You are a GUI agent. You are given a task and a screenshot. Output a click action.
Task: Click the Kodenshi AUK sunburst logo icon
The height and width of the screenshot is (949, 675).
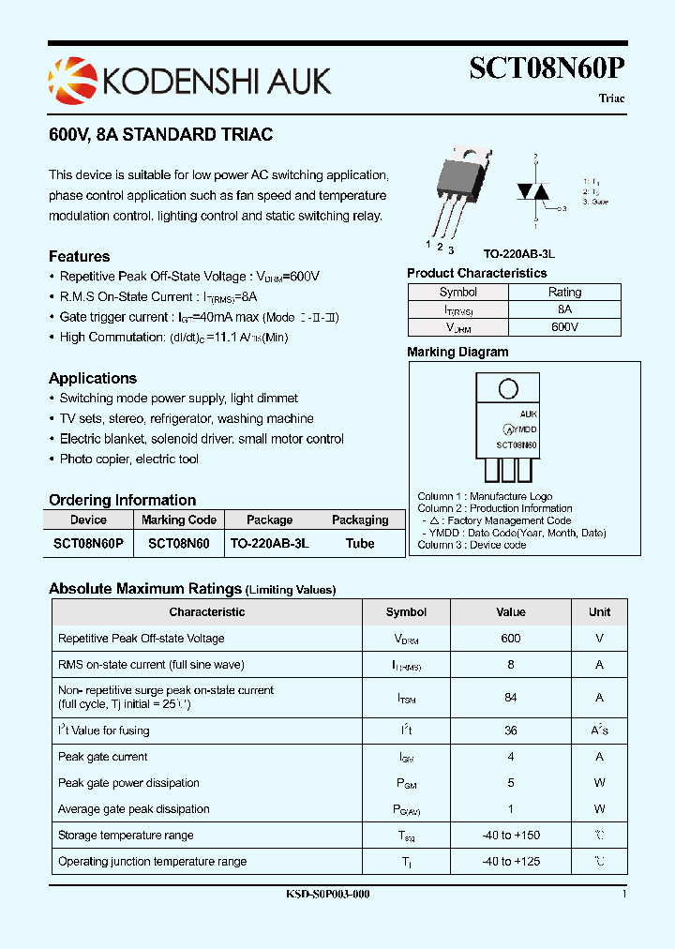[x=71, y=79]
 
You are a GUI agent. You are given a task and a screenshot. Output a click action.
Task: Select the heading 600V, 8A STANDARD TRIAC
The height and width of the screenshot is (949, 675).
[x=160, y=135]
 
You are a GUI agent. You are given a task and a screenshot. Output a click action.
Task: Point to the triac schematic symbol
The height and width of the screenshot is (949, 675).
[x=536, y=190]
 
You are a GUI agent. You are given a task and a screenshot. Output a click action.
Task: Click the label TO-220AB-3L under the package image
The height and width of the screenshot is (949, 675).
[x=518, y=254]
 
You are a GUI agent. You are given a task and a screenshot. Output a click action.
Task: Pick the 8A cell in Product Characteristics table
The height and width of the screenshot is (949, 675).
[x=564, y=309]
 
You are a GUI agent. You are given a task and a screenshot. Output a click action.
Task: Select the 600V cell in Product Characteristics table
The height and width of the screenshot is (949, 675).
[x=564, y=327]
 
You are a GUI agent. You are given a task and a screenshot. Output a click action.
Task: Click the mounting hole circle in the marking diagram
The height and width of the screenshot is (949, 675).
[x=508, y=389]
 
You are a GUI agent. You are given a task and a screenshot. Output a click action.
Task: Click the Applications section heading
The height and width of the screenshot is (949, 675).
[x=93, y=379]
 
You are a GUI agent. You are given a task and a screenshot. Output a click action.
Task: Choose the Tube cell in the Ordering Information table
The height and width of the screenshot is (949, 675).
[x=360, y=544]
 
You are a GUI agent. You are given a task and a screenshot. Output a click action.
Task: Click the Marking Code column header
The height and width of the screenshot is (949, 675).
[x=178, y=520]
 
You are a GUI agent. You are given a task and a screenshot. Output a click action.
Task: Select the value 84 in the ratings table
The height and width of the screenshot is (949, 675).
[x=511, y=698]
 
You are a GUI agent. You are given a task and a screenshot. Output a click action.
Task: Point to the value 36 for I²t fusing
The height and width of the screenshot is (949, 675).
[x=511, y=731]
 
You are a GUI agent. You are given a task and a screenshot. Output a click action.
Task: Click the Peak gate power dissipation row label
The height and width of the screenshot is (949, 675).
[x=128, y=783]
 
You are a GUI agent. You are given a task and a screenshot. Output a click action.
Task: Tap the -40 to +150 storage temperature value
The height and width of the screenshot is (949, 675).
[x=511, y=836]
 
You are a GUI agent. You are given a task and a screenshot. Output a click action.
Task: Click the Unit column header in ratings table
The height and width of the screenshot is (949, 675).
[x=599, y=612]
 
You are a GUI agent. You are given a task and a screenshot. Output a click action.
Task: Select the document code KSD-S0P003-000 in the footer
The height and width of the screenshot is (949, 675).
[x=327, y=895]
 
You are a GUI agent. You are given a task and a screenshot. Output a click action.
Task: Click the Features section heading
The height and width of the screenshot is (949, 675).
[x=80, y=257]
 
